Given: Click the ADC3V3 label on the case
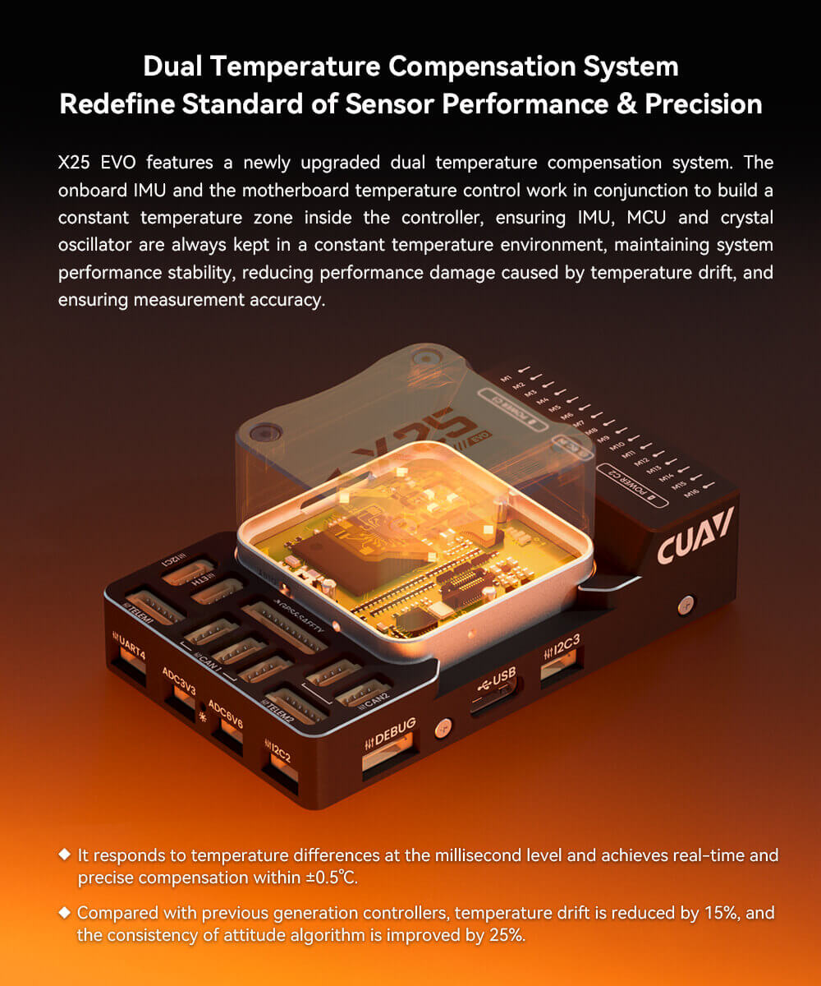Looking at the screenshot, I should coord(179,681).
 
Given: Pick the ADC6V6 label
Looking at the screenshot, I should coord(225,712).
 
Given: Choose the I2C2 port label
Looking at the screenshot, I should coord(280,751).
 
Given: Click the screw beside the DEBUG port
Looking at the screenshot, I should coord(443,727).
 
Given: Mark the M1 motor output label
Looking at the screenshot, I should coord(507,376).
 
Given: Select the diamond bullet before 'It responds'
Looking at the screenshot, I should coord(65,855).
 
